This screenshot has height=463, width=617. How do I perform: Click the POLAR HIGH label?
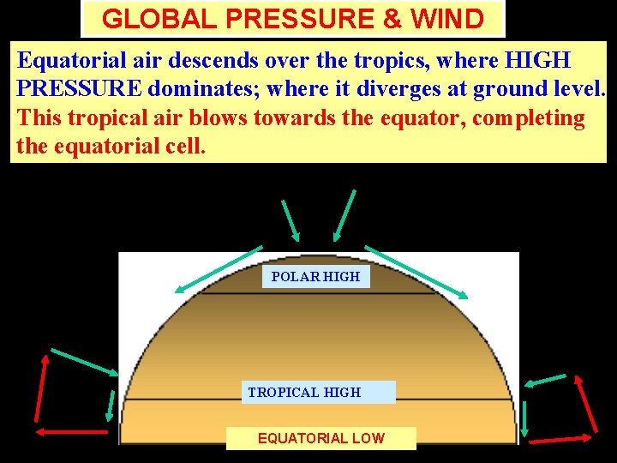tap(315, 276)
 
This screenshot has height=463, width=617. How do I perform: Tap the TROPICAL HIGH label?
tap(305, 392)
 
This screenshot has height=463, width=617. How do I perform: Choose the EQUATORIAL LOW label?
tap(321, 438)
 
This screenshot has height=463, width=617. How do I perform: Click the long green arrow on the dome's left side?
tap(218, 270)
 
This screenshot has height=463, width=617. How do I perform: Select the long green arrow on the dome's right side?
tap(416, 272)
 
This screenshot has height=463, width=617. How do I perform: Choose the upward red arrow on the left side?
tap(39, 390)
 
